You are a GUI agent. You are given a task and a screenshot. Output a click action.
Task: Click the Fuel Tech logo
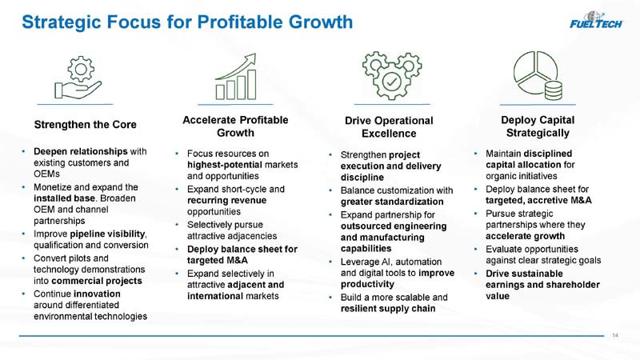[596, 20]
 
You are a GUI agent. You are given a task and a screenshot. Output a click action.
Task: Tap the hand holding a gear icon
[78, 78]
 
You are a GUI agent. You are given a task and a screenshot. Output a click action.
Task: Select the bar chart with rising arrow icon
[236, 76]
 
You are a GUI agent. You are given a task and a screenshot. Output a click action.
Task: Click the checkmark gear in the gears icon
[391, 82]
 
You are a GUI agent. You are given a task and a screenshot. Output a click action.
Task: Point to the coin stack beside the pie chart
[553, 90]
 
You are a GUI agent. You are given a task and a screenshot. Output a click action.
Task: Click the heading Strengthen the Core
[86, 125]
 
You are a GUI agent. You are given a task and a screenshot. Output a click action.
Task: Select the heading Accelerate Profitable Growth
[235, 126]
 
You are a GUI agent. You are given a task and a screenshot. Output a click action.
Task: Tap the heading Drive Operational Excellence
[389, 127]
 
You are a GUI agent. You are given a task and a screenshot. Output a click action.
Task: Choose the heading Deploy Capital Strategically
[538, 126]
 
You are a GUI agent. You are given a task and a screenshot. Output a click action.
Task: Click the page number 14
[615, 335]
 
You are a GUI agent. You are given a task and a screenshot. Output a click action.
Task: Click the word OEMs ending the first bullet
[46, 174]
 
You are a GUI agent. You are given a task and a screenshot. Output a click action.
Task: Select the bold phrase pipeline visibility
[108, 234]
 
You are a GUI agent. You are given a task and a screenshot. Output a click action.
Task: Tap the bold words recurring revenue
[227, 201]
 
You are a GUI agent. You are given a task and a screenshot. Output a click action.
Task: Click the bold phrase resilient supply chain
[388, 309]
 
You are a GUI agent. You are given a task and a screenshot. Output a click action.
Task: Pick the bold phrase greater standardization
[392, 202]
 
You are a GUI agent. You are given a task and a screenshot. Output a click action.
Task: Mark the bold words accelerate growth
[526, 236]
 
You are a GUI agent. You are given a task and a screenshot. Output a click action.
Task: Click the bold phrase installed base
[65, 198]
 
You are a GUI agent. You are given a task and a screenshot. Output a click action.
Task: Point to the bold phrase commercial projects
[97, 281]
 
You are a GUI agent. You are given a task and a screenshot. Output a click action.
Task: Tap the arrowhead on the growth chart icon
[250, 59]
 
